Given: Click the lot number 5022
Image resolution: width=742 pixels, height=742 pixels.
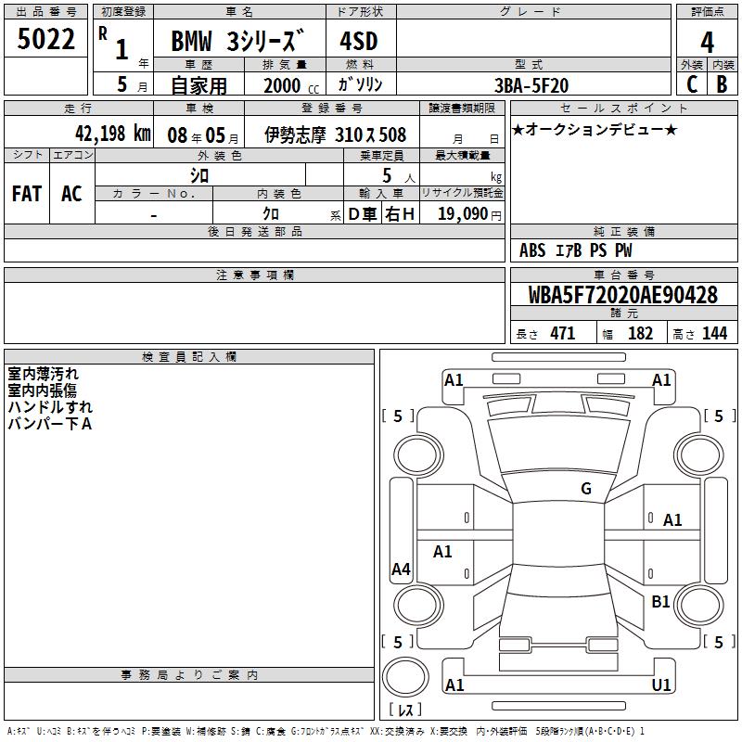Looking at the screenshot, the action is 45,39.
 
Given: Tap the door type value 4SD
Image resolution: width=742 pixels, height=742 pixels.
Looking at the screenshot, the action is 359,41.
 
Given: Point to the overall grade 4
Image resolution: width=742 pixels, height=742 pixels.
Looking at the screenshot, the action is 707,42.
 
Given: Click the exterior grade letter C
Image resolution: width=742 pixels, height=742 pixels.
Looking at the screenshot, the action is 692,84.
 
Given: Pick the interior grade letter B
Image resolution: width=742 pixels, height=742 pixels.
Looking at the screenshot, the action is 723,84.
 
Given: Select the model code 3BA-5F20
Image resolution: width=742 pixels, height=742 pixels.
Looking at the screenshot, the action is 531,85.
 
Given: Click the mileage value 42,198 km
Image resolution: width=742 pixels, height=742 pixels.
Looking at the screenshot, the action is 113,134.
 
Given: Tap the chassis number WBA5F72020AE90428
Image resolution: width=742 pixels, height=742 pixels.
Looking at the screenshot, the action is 623,295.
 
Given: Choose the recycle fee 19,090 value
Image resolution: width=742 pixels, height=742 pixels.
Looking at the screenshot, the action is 463,213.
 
